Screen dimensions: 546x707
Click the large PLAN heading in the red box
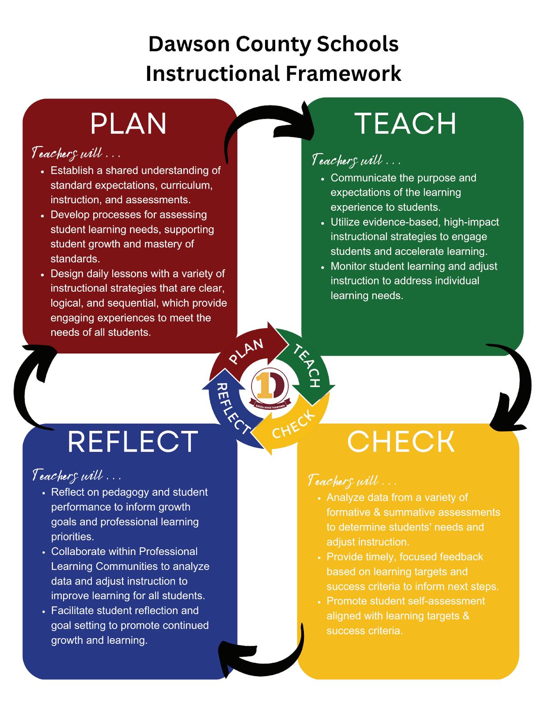pyautogui.click(x=128, y=124)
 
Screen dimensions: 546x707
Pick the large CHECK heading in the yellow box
pyautogui.click(x=401, y=441)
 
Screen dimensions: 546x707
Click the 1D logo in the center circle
pyautogui.click(x=269, y=387)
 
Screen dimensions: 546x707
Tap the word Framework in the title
pyautogui.click(x=343, y=73)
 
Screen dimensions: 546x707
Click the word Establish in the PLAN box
pyautogui.click(x=72, y=171)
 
